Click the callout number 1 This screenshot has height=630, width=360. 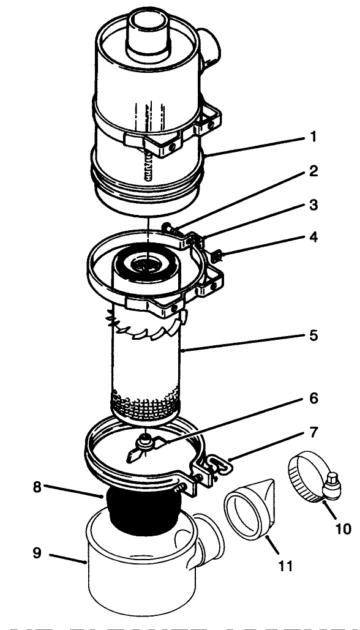pos(313,137)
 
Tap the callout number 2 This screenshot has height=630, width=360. pos(313,172)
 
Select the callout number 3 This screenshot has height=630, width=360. pos(313,204)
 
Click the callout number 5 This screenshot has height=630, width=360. pos(313,336)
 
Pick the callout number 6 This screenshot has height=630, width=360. pos(313,398)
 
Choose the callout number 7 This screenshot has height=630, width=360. pos(313,433)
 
